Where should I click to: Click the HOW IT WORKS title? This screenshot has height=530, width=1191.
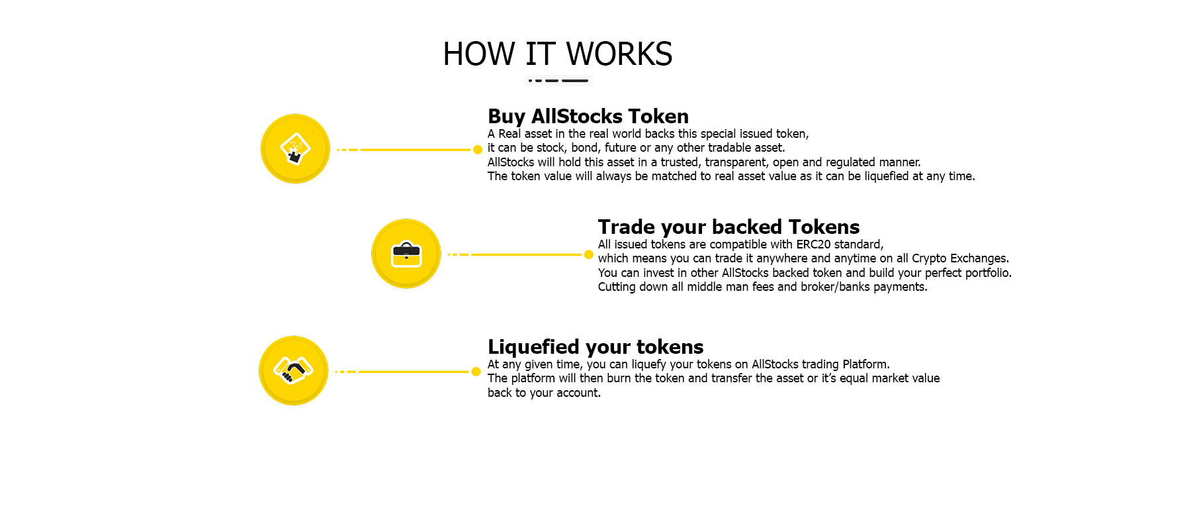[558, 54]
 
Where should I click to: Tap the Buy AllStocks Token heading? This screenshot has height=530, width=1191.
[588, 116]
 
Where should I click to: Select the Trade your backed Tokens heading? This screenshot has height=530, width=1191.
[728, 227]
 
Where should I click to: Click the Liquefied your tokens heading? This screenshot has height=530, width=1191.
[595, 346]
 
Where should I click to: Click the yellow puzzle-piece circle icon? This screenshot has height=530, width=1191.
[295, 149]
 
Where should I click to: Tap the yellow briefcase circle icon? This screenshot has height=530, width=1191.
[406, 254]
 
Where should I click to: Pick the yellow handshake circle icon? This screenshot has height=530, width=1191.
[294, 371]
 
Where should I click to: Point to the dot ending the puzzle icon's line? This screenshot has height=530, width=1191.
[478, 150]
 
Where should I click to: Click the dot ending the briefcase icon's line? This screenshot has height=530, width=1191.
[589, 254]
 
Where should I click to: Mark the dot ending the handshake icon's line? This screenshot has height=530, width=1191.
[476, 372]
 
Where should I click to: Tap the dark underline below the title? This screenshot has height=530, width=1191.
[558, 80]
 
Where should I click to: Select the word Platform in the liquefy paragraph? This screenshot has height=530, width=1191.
[866, 364]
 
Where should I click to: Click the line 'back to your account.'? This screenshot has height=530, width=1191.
[544, 393]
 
